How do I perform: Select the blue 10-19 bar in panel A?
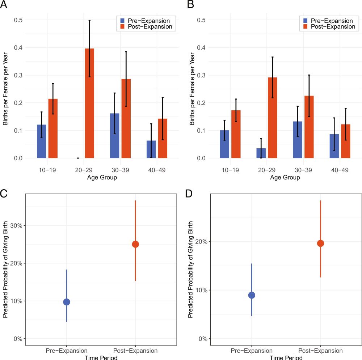tap(42, 141)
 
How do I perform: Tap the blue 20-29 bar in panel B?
tap(261, 153)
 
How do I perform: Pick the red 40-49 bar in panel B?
tap(346, 141)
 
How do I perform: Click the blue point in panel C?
tap(67, 302)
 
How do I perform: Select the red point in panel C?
tap(135, 244)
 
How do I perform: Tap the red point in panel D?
tap(320, 243)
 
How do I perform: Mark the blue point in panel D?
tap(252, 295)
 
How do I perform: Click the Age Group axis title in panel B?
tap(285, 178)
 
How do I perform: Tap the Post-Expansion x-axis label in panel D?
tap(320, 351)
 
